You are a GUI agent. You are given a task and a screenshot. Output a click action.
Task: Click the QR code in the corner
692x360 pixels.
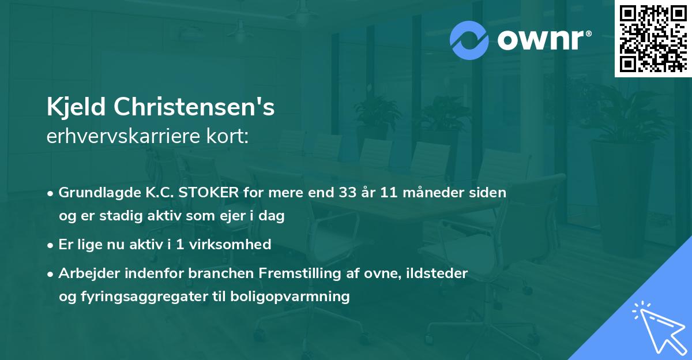pos(653,38)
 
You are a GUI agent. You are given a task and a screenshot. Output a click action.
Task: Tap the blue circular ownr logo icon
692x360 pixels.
pos(469,40)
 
